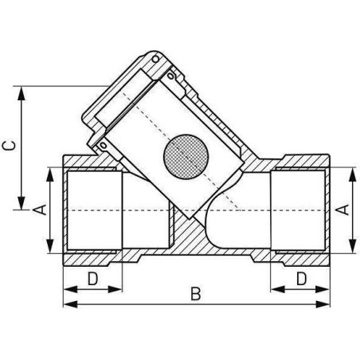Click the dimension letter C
9,146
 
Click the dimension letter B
196,294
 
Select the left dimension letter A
40,209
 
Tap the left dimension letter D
93,279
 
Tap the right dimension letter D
302,279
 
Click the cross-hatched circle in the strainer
186,157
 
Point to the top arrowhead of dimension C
22,93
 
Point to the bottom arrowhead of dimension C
22,203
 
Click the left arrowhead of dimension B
71,304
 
